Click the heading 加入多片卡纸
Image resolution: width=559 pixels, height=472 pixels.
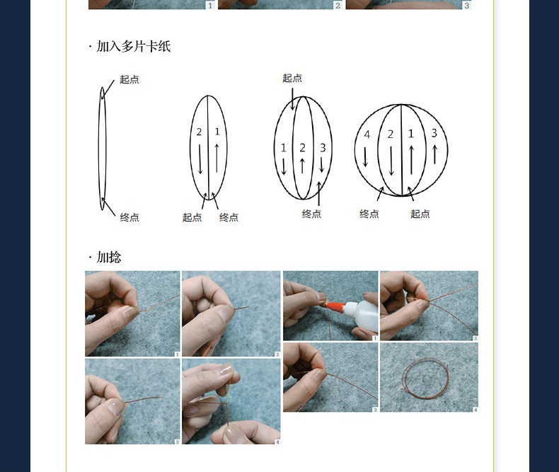[x=133, y=46]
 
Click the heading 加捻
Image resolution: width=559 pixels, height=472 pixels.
[x=109, y=257]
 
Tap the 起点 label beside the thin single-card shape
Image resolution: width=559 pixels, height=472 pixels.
[x=129, y=79]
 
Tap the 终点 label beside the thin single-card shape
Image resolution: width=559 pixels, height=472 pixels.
[x=129, y=217]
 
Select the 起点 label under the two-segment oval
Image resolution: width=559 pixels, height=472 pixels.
[x=192, y=217]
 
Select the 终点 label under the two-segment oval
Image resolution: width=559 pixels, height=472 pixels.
[x=229, y=217]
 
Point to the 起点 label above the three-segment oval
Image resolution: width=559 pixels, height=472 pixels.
[x=292, y=78]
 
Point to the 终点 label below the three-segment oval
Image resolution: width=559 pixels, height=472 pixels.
[x=311, y=214]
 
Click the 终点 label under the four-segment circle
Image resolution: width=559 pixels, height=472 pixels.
[x=369, y=214]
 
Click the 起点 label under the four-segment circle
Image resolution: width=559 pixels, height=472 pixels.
[x=420, y=214]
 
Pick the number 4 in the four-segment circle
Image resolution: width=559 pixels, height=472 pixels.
[x=367, y=134]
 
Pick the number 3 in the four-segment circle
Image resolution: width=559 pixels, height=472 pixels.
[x=434, y=133]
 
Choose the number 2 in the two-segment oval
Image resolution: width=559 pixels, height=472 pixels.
[x=199, y=132]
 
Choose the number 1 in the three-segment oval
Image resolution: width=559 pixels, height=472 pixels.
[x=284, y=148]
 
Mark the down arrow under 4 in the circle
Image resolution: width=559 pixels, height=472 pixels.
[x=365, y=156]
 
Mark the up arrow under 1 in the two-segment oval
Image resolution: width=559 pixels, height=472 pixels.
[x=217, y=158]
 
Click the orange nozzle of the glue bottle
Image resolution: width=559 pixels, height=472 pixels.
[x=334, y=306]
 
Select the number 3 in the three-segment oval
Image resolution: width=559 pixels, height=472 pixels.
[x=323, y=148]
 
